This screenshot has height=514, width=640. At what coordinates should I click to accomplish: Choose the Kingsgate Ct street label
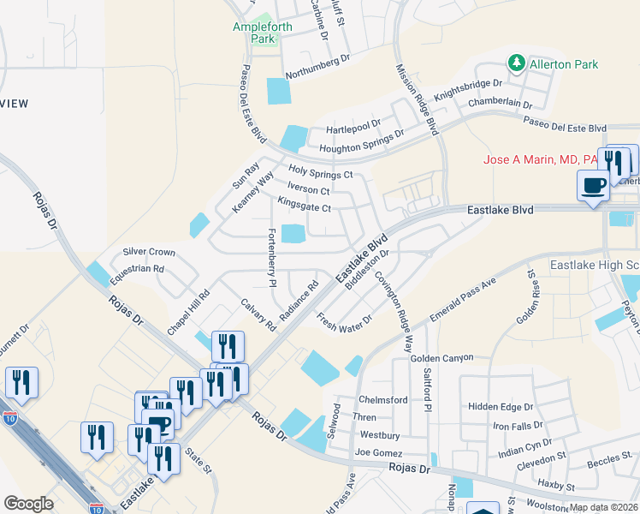coord(304,206)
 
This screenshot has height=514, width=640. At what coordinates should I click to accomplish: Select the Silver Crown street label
coord(149,252)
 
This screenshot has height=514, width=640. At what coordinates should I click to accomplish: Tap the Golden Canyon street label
coord(442,356)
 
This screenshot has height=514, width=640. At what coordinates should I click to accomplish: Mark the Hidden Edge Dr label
coord(501,406)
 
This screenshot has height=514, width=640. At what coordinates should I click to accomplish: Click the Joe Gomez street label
coord(378,451)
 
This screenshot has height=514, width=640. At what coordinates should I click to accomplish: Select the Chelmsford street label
coord(382,400)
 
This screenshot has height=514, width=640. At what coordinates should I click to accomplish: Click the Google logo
coord(29,504)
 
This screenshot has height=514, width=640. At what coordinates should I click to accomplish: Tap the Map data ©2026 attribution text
coord(603,507)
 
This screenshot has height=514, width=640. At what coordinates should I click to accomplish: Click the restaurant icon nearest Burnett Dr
coord(21,383)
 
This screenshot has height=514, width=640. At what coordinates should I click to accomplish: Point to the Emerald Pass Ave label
coord(463,301)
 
